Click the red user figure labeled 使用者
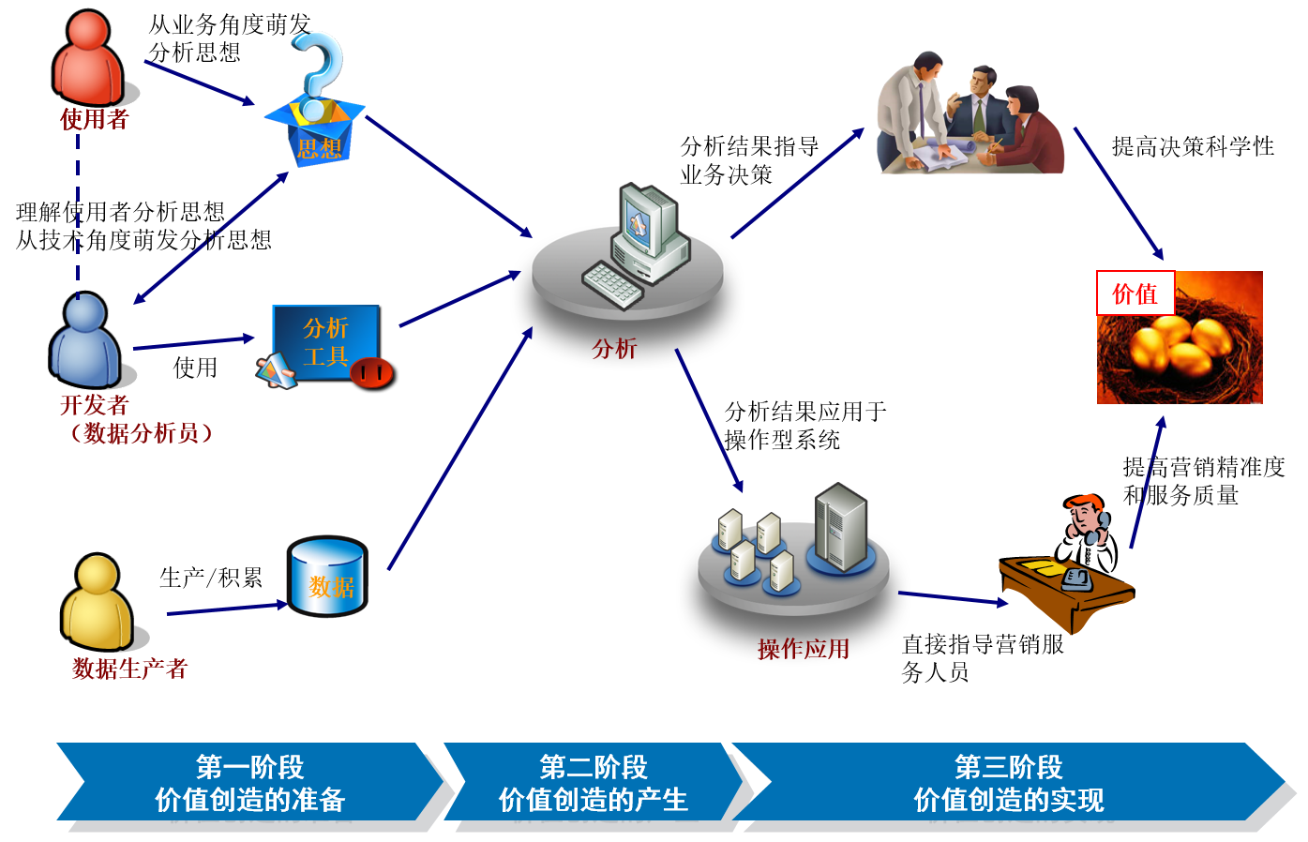coord(88,58)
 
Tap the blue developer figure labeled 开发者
coord(85,340)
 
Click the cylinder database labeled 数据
coord(327,577)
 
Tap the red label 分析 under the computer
coord(614,349)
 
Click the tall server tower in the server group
coord(841,525)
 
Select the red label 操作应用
coord(804,649)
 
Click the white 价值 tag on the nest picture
coord(1135,293)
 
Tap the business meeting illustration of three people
coord(970,114)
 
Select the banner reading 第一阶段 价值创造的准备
coord(249,783)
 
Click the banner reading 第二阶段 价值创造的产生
coord(593,783)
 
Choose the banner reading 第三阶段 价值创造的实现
coord(1008,783)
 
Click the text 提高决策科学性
coord(1193,146)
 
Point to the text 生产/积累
coord(211,578)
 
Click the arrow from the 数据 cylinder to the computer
coord(459,450)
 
